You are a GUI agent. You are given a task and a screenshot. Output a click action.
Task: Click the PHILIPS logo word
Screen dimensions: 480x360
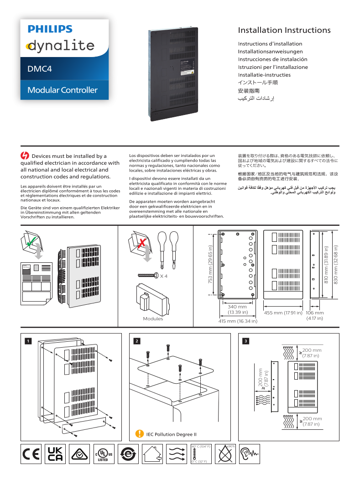50,29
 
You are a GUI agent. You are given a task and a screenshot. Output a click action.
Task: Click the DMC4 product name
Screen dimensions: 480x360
40,69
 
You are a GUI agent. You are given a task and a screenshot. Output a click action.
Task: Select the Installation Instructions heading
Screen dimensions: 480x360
284,31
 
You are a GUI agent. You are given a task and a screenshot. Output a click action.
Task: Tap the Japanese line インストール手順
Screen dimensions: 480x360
258,83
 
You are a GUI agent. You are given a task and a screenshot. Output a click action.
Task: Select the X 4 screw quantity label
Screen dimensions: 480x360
163,276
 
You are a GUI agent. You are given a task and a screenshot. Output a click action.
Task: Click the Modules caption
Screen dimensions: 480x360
153,318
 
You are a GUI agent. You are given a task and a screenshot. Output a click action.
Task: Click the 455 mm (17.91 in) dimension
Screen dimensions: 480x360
283,313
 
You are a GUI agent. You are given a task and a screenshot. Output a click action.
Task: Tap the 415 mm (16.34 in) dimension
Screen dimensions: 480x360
238,321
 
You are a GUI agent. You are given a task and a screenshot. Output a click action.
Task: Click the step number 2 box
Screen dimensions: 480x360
136,341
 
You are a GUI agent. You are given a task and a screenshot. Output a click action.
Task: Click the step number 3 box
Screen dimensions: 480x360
246,341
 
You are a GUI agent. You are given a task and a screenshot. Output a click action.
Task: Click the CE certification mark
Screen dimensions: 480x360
31,454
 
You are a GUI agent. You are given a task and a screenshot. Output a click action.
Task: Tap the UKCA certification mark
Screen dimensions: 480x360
55,454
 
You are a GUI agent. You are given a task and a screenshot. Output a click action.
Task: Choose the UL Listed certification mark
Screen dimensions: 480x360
103,454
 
